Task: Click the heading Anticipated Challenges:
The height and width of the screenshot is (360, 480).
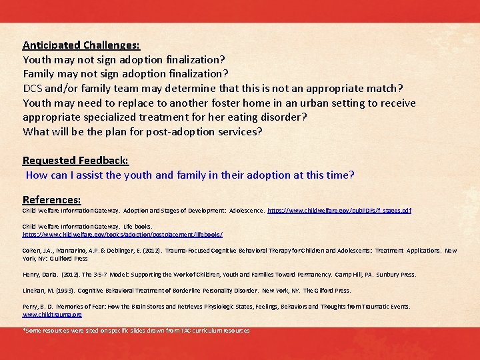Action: click(x=81, y=45)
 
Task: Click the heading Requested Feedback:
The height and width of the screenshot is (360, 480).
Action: click(x=75, y=160)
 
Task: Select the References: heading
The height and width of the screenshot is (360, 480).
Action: click(x=52, y=199)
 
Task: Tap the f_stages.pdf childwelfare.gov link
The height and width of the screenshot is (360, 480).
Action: click(x=339, y=211)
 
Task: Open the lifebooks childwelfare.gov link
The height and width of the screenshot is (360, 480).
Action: click(x=123, y=235)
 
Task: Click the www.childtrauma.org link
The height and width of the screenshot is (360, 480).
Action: click(x=52, y=314)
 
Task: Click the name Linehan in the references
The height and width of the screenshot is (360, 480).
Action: click(x=34, y=291)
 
